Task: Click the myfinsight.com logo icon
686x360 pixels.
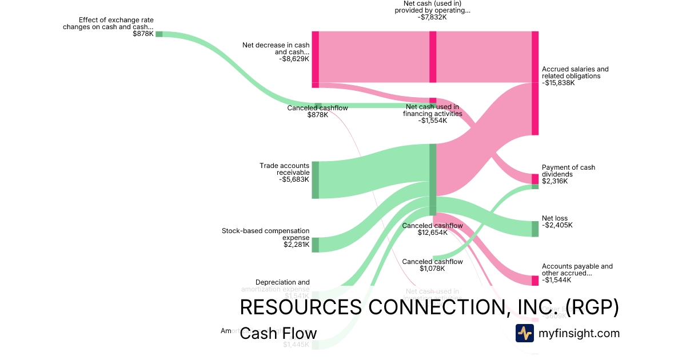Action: [x=524, y=333]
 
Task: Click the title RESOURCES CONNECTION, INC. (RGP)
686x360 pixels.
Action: [x=429, y=307]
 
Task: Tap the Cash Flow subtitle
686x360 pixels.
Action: [x=278, y=333]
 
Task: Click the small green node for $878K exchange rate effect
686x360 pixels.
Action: [x=159, y=34]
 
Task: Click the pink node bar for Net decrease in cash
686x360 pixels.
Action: [x=315, y=59]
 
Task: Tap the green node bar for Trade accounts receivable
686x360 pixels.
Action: [x=315, y=180]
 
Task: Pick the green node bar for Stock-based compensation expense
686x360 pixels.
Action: [x=315, y=245]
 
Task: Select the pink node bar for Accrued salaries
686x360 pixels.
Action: [x=535, y=83]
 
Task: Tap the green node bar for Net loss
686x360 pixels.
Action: [x=535, y=229]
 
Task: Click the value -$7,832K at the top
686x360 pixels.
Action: [x=432, y=17]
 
